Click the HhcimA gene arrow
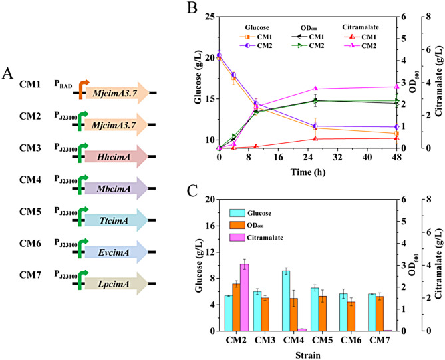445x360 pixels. point(116,156)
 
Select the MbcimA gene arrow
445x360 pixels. point(116,188)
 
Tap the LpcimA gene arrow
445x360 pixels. point(116,283)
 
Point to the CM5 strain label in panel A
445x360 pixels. point(30,212)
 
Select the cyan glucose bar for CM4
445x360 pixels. point(286,301)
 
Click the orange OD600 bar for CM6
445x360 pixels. point(351,316)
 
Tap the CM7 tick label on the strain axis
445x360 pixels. point(380,340)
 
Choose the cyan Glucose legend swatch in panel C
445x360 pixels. point(237,213)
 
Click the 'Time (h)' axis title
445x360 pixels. point(308,172)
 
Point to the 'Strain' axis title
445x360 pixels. point(308,355)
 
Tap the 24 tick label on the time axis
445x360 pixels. point(308,157)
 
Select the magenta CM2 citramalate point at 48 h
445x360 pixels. point(396,87)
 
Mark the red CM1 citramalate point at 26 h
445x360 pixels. point(315,138)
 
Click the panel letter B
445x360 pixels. point(192,8)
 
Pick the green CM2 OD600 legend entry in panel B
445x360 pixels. point(308,45)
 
